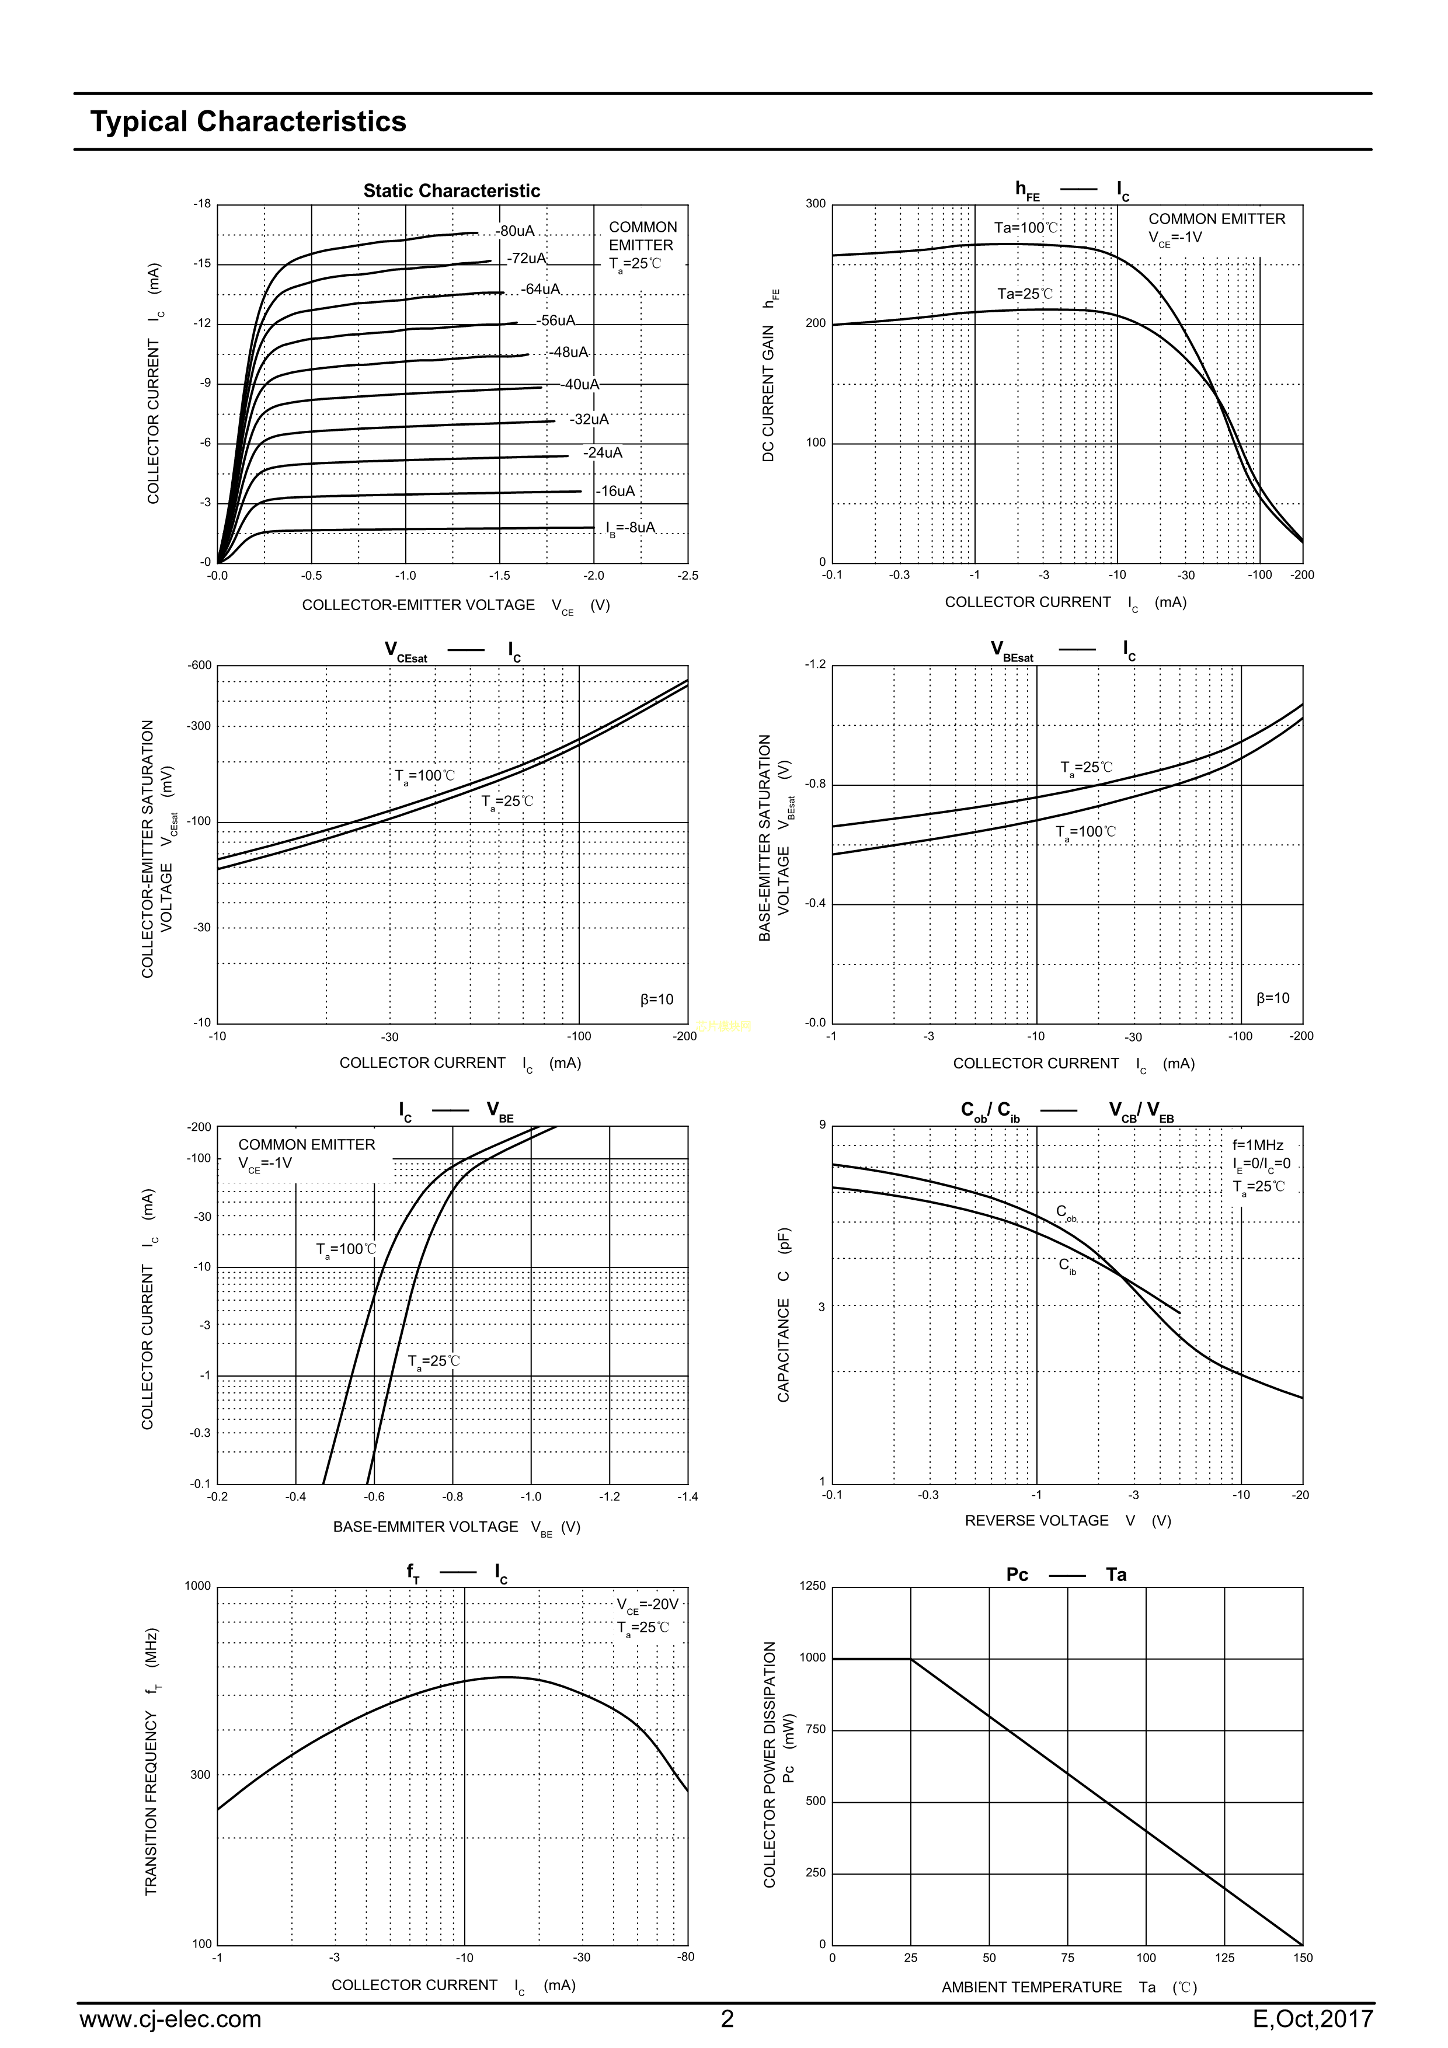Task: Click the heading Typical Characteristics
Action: point(248,121)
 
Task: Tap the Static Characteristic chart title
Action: point(451,191)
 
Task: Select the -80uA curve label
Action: point(516,231)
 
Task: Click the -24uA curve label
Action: point(603,453)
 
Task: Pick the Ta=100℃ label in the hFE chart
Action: point(1026,228)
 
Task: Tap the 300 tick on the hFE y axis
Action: point(816,204)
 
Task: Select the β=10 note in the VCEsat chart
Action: point(657,999)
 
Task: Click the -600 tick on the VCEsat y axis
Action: point(200,666)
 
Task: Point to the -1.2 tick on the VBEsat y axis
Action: point(816,664)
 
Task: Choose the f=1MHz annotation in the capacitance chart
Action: point(1258,1144)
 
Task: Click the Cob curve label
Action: point(1066,1212)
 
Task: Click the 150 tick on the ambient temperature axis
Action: point(1303,1958)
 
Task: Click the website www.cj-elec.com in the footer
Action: point(170,2019)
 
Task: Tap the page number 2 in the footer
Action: point(727,2019)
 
